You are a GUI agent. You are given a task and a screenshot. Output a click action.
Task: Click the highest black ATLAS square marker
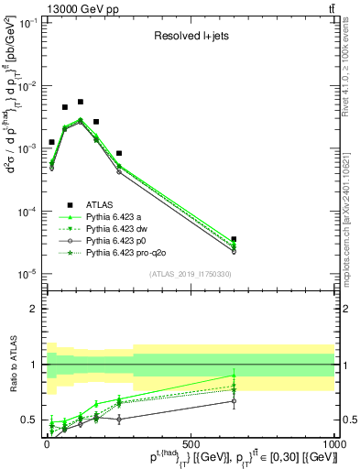81,102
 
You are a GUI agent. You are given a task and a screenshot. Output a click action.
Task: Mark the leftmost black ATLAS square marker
51,142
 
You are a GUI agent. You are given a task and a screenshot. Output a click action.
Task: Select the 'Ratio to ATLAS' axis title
12,365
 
